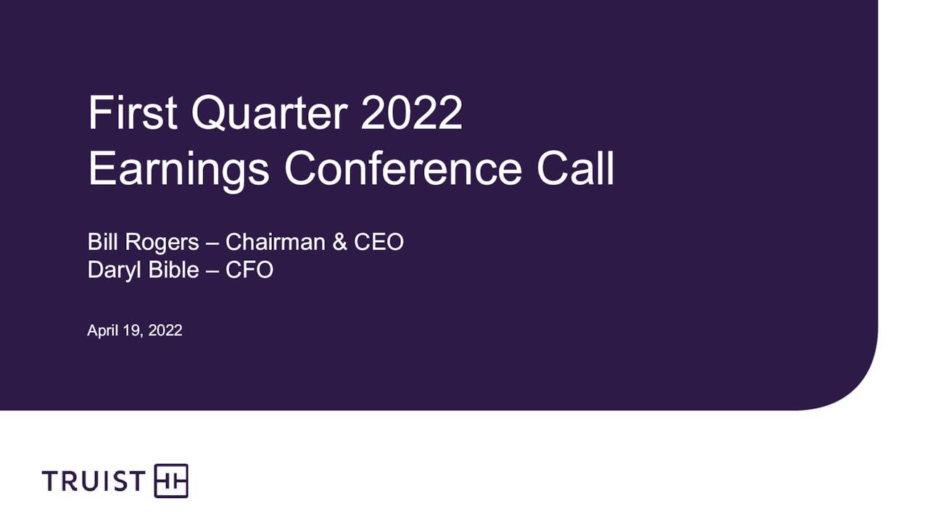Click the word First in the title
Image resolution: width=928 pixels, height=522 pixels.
click(x=133, y=113)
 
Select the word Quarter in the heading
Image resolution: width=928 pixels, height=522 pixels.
click(x=269, y=113)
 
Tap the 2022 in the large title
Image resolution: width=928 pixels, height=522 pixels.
click(x=411, y=113)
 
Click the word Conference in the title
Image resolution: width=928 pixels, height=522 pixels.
click(x=402, y=168)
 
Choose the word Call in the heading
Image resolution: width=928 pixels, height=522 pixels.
click(x=576, y=168)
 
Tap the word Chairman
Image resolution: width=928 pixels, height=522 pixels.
click(x=275, y=242)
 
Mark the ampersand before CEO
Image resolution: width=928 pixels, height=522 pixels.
click(x=339, y=242)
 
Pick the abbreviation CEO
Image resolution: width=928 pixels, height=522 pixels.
click(x=378, y=242)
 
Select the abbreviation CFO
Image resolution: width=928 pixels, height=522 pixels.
click(x=249, y=270)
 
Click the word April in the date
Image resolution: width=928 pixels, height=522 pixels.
click(x=102, y=331)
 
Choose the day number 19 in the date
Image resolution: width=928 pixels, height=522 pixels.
click(x=131, y=331)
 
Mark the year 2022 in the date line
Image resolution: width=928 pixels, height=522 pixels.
click(x=165, y=331)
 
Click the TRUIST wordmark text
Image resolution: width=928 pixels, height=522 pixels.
click(x=94, y=481)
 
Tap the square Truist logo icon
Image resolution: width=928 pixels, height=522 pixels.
click(x=171, y=481)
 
